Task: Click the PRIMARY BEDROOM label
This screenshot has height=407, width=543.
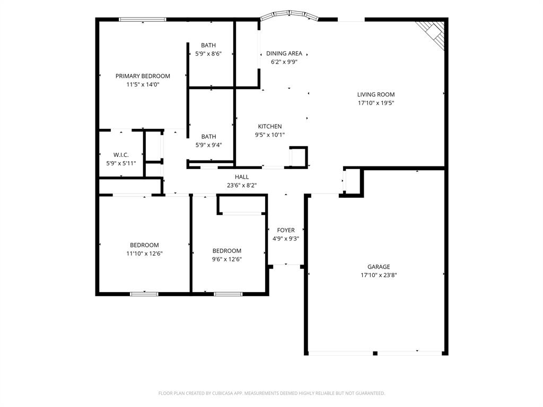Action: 143,76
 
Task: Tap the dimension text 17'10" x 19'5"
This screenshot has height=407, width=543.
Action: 375,103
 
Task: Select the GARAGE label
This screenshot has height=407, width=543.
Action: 379,267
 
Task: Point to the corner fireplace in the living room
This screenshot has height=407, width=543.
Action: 431,33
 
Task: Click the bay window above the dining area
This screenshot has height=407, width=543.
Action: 289,14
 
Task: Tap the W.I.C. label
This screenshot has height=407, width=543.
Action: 121,155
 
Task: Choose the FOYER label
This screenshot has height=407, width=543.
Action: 286,230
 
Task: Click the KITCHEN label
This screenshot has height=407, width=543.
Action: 270,126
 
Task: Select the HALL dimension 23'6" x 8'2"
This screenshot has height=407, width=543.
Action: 241,185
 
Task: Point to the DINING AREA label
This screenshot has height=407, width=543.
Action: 284,54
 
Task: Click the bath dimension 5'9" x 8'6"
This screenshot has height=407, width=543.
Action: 208,54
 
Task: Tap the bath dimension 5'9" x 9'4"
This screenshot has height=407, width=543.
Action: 208,145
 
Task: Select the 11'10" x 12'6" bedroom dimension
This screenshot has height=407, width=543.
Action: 144,253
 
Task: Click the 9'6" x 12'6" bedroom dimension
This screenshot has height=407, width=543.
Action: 227,259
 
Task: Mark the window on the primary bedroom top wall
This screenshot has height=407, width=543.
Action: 142,20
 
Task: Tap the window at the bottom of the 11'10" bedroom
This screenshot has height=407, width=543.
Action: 144,294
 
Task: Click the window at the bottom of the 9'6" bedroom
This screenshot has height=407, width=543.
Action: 228,294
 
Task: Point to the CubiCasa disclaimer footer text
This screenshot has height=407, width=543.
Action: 271,393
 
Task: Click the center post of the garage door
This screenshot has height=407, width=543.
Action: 375,353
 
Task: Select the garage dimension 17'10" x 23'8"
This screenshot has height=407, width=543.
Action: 379,275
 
